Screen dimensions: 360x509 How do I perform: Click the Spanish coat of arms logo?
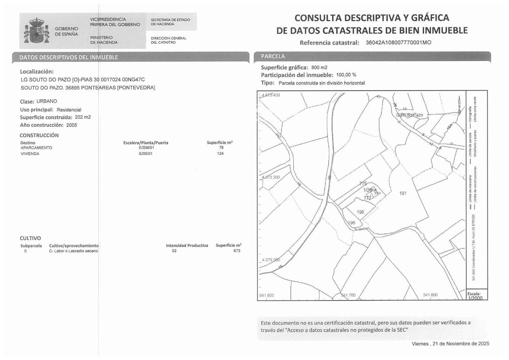coord(37,31)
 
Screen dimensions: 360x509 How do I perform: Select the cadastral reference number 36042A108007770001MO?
coord(398,42)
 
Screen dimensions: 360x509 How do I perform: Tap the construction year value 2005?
coord(72,125)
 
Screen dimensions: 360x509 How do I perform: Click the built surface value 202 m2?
coord(83,117)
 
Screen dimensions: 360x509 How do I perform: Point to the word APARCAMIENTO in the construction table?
coord(36,148)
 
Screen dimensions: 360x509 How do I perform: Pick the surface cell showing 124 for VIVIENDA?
coord(220,153)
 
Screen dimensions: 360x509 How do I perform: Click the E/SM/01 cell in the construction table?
coord(146,148)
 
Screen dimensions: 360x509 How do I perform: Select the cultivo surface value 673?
coord(237,251)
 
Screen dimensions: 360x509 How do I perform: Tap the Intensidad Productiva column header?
coord(187,245)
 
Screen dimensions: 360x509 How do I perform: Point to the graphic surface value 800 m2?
coord(319,67)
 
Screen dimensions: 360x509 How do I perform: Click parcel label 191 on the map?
coord(403,193)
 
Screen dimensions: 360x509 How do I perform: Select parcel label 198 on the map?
coord(360,212)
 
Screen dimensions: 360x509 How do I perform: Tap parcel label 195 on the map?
coord(352,223)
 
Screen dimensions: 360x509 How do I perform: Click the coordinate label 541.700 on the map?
coord(348,295)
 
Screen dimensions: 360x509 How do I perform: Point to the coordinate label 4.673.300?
coord(270,177)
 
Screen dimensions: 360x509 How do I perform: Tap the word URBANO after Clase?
coord(47,101)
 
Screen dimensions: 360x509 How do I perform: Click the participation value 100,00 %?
coord(346,75)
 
